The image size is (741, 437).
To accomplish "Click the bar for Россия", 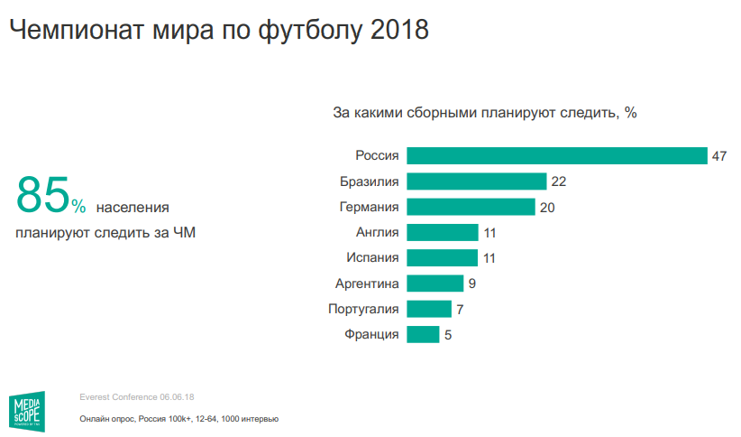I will pos(556,155).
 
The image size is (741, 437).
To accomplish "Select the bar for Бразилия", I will pos(477,181).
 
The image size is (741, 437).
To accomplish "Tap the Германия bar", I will pos(471,207).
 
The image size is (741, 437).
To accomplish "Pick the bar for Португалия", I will pos(429,310).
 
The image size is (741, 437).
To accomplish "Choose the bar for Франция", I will pos(423,335).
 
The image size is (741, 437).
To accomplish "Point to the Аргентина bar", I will pos(435,284).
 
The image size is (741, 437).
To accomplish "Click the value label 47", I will pos(718,156).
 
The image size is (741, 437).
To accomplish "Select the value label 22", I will pos(558,181).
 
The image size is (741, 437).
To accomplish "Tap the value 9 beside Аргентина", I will pos(472,284).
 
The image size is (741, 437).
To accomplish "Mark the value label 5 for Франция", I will pos(447,336).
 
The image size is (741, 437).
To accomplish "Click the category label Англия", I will pos(378,233).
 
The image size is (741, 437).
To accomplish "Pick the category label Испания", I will pos(372,258).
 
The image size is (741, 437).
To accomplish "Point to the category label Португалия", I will pos(363,310).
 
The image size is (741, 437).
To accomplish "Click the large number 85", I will pos(42,194).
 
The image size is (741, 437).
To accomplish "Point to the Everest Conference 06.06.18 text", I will pos(137,397).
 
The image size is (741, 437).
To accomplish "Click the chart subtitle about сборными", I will pos(485,113).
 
